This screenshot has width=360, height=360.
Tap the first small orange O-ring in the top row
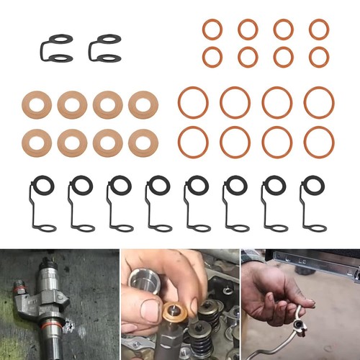point(212,30)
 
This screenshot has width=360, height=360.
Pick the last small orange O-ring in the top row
point(319,30)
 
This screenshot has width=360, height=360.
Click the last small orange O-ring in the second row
point(319,57)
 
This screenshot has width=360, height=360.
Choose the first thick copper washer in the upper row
point(37,105)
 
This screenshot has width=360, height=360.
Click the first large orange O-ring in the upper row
point(193,102)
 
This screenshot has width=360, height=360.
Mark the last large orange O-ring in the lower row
point(318,141)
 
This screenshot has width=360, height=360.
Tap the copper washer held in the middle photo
point(175,313)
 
